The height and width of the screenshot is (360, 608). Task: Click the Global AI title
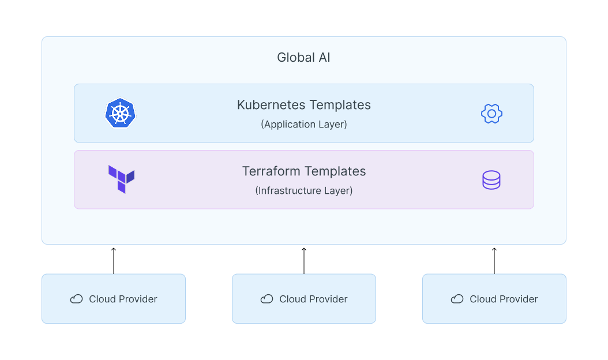[x=303, y=58]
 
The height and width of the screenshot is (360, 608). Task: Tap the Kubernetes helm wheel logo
[x=120, y=112]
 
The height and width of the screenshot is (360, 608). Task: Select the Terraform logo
[x=121, y=179]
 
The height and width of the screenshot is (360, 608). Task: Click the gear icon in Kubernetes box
[x=491, y=114]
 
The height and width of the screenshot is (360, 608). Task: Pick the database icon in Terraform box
[x=491, y=180]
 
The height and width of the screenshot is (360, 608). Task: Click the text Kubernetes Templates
[x=303, y=105]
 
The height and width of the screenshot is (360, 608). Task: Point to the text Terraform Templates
[x=303, y=171]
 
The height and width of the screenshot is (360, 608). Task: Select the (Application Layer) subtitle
[x=303, y=124]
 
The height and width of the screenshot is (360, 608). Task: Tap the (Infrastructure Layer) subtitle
[x=303, y=190]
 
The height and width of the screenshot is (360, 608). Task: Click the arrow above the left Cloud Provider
[x=114, y=260]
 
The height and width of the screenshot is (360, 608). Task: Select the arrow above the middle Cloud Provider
[x=304, y=260]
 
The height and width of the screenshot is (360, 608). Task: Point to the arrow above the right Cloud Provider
[x=494, y=260]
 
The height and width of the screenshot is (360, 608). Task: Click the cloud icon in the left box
[x=76, y=299]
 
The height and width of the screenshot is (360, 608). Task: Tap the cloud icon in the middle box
[x=267, y=299]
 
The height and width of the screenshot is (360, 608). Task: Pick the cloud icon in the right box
[x=457, y=299]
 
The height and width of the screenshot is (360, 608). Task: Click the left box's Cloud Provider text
[x=123, y=299]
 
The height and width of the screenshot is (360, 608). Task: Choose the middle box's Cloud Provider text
[x=313, y=299]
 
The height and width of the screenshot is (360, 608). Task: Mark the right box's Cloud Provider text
[x=504, y=299]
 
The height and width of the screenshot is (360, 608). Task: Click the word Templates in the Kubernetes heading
[x=340, y=105]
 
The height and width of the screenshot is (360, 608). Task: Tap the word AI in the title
[x=324, y=58]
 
